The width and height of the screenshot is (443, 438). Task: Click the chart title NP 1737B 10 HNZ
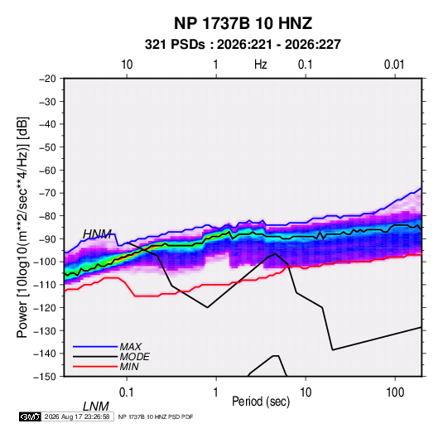click(243, 23)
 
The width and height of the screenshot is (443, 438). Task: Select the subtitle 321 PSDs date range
click(243, 45)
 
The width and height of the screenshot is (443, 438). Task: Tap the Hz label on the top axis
click(261, 65)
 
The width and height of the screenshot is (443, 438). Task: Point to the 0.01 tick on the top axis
click(394, 65)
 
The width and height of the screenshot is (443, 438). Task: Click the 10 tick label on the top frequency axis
click(127, 65)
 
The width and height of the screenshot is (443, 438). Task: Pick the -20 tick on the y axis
click(47, 79)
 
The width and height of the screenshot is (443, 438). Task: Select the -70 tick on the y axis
click(47, 193)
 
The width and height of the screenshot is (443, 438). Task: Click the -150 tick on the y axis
click(45, 377)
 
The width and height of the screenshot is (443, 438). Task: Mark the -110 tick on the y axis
click(45, 285)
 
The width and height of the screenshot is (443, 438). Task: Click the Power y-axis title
click(22, 228)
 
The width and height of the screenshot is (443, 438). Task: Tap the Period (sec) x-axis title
click(261, 402)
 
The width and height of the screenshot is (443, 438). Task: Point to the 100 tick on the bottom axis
click(395, 392)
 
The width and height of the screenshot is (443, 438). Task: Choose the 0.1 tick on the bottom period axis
click(127, 392)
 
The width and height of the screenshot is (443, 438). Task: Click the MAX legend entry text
click(131, 347)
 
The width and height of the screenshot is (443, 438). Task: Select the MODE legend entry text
click(134, 357)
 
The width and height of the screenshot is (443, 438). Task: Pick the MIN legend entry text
click(129, 367)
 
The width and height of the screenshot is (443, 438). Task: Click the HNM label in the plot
click(97, 234)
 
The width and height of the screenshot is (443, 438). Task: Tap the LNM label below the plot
click(96, 407)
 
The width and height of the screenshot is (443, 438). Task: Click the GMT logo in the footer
click(31, 416)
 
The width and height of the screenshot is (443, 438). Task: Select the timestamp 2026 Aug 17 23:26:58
click(77, 416)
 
